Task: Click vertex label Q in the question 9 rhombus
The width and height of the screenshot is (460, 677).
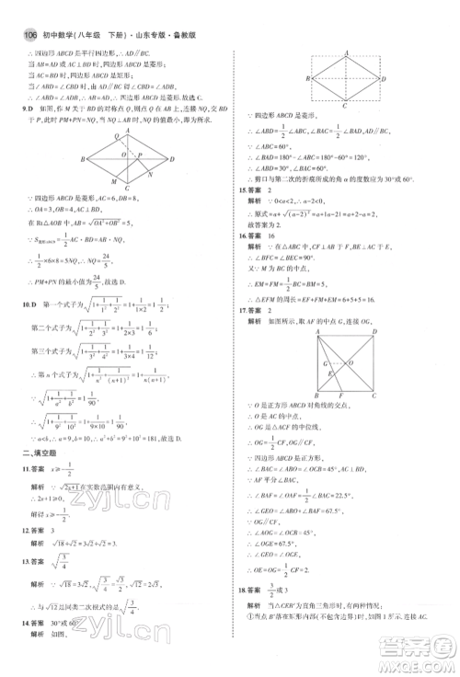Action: pyautogui.click(x=125, y=135)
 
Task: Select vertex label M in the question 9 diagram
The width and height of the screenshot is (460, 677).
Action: pyautogui.click(x=114, y=178)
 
